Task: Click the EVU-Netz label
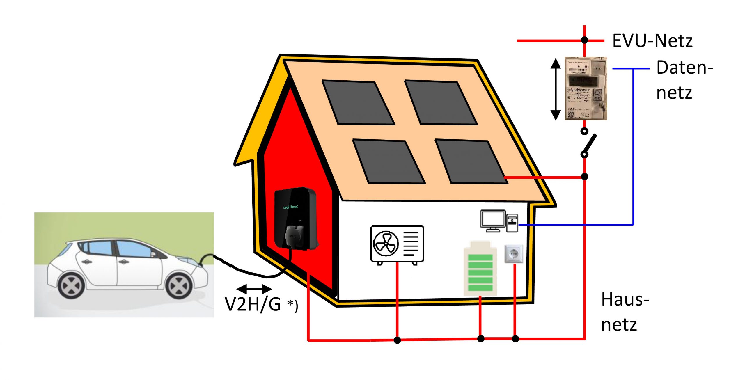pyautogui.click(x=652, y=41)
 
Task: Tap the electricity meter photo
pyautogui.click(x=586, y=88)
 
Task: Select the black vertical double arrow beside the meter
pyautogui.click(x=556, y=89)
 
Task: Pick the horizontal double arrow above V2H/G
pyautogui.click(x=254, y=289)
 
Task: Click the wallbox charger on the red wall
pyautogui.click(x=295, y=218)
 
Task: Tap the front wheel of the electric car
pyautogui.click(x=178, y=286)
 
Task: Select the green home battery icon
pyautogui.click(x=480, y=268)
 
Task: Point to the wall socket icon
pyautogui.click(x=514, y=254)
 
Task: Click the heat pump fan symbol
pyautogui.click(x=386, y=244)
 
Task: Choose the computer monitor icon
pyautogui.click(x=493, y=221)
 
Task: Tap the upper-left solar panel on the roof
pyautogui.click(x=358, y=102)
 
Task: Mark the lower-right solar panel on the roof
pyautogui.click(x=471, y=161)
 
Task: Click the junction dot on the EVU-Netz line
pyautogui.click(x=584, y=40)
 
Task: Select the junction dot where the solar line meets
pyautogui.click(x=584, y=176)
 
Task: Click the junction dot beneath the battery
pyautogui.click(x=481, y=339)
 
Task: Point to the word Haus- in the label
pyautogui.click(x=625, y=299)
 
